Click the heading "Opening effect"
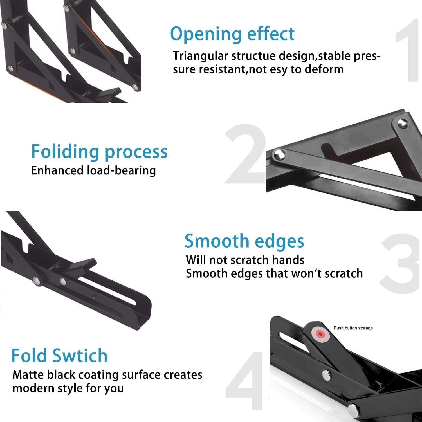coord(232,34)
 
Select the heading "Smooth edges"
coord(244,241)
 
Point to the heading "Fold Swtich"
coord(59,356)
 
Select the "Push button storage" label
coord(353,328)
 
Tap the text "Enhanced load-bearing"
coord(93,170)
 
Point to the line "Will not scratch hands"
coord(245,260)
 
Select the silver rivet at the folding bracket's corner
coord(402,123)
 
